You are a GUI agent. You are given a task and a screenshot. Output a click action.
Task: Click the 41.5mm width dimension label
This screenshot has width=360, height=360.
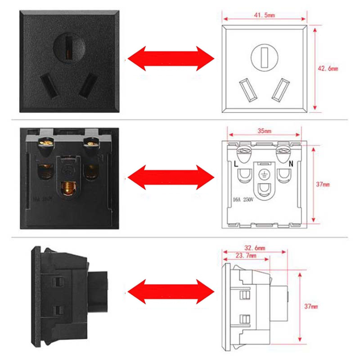click(x=264, y=15)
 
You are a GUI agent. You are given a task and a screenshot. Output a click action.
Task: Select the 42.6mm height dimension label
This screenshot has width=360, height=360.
click(x=328, y=68)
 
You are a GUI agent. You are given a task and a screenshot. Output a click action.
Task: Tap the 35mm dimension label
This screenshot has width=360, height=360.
click(x=264, y=131)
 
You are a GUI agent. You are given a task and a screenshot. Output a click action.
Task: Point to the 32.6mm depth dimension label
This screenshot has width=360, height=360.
click(x=254, y=247)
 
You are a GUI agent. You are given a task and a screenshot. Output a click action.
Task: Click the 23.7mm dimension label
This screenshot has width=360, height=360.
click(x=246, y=256)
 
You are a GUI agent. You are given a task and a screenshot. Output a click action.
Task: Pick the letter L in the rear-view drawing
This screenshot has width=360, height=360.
click(x=236, y=164)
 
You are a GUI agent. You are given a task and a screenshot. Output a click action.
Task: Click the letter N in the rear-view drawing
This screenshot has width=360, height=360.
click(x=291, y=164)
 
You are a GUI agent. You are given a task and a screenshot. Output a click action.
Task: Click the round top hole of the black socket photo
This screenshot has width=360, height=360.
click(x=68, y=46)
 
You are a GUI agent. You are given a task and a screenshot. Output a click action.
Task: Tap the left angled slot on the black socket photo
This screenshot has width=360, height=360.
click(x=48, y=85)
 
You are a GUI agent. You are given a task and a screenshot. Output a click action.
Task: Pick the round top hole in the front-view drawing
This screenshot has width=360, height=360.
click(x=264, y=57)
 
